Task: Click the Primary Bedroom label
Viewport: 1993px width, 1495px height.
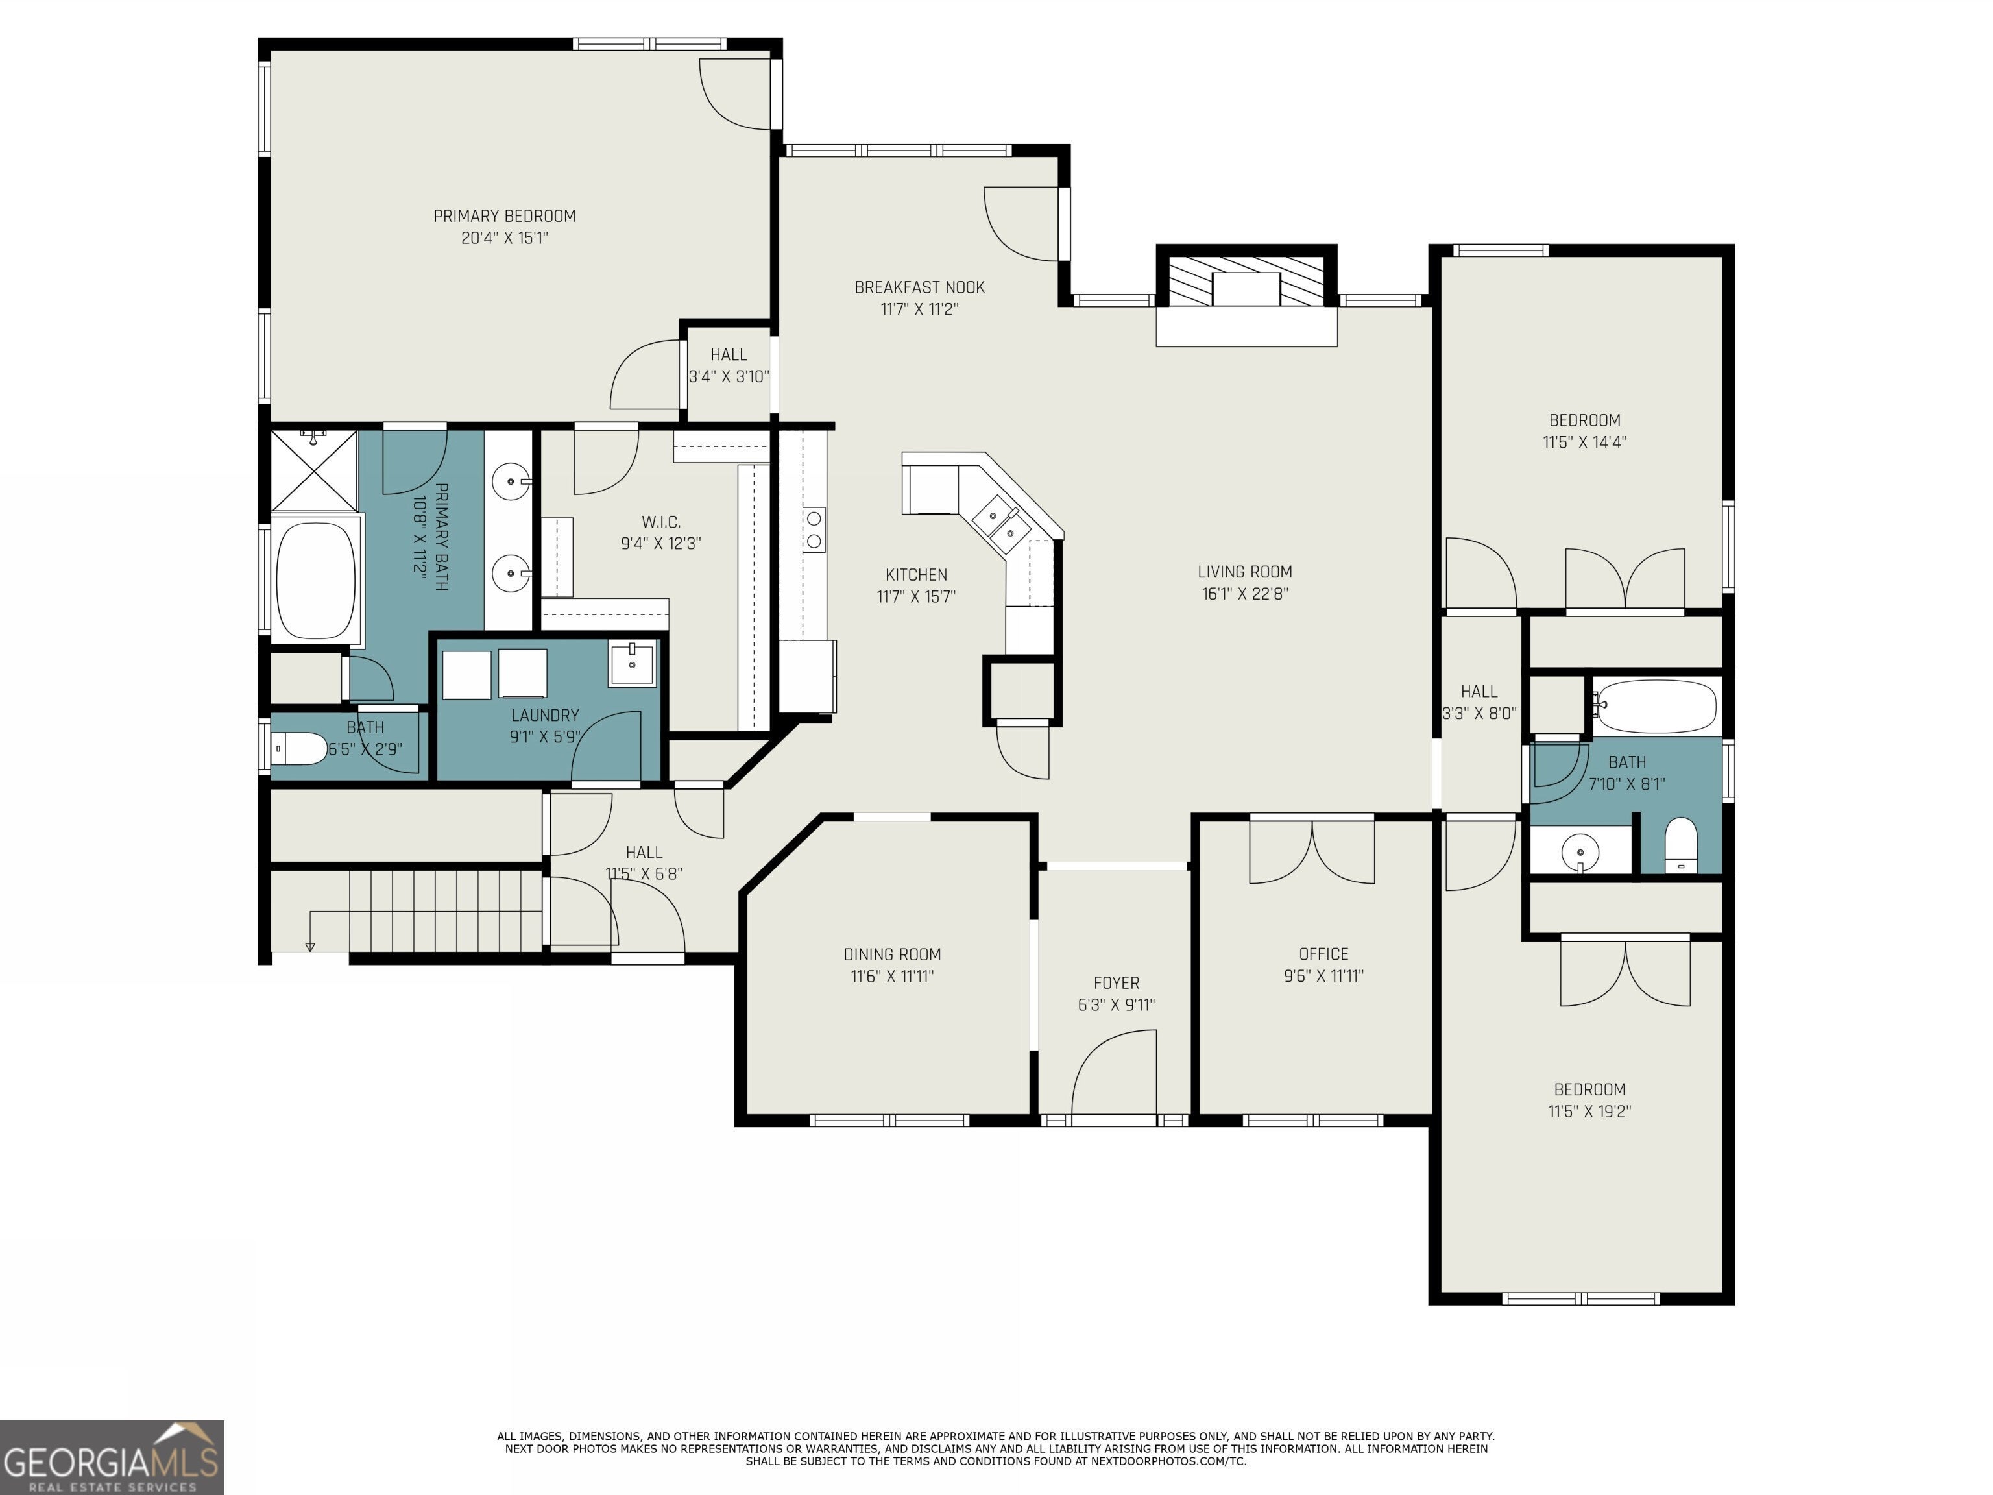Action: click(505, 216)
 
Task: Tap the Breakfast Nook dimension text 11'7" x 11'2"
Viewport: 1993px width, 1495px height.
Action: click(919, 309)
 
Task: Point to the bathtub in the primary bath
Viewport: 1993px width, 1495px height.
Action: click(315, 581)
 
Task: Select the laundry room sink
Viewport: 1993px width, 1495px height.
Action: click(632, 665)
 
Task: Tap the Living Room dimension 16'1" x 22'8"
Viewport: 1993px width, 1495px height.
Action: click(1245, 594)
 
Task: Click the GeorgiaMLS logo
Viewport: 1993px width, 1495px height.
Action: click(112, 1457)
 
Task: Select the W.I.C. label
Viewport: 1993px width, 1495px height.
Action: click(661, 522)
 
